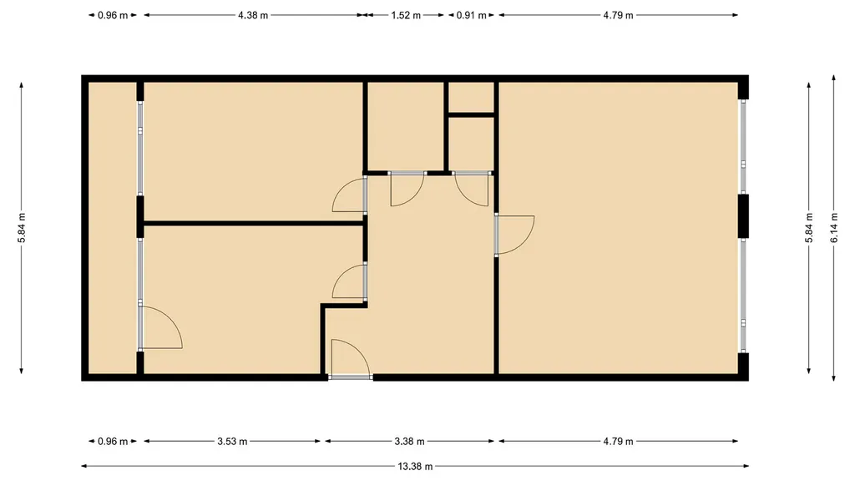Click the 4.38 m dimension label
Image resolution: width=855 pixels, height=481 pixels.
(x=253, y=15)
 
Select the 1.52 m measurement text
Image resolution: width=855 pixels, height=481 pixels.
(x=406, y=15)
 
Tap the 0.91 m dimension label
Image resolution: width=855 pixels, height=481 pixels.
(x=471, y=15)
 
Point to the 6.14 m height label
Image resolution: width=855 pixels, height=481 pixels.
(x=834, y=228)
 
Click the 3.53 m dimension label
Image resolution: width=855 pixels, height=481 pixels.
(x=232, y=441)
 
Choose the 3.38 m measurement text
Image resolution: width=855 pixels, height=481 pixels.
(x=409, y=441)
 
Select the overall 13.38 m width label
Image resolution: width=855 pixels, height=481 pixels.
(x=415, y=466)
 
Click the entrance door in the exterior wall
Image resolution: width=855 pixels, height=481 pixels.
(x=351, y=358)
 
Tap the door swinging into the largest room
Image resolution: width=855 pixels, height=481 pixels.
(x=514, y=235)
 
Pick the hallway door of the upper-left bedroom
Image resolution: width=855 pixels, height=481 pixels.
(x=350, y=195)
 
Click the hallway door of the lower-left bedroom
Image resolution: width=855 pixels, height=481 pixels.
(x=350, y=281)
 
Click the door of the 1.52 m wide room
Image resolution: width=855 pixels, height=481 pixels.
(x=407, y=189)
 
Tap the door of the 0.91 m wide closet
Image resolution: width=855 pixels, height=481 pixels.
(x=473, y=189)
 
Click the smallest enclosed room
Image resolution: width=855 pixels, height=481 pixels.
(x=472, y=98)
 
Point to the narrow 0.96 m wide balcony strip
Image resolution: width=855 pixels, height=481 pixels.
(x=113, y=228)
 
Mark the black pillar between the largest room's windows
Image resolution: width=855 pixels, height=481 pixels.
(x=743, y=216)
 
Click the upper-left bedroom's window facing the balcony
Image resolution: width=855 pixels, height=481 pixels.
(x=140, y=148)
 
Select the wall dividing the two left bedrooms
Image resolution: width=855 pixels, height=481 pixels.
(x=254, y=223)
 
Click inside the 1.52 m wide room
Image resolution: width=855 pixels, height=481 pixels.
(x=406, y=127)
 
